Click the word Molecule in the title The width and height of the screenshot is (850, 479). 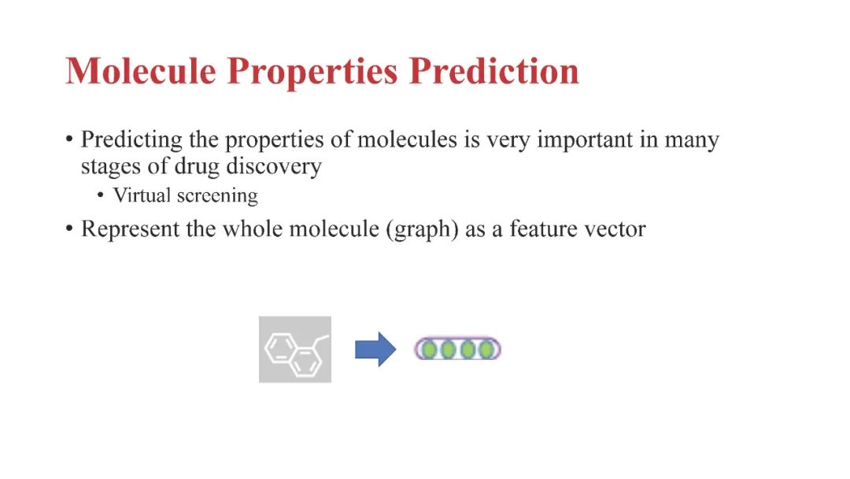tap(141, 71)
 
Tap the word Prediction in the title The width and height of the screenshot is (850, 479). tap(493, 71)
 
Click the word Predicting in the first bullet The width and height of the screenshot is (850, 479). tap(131, 141)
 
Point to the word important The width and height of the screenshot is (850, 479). tap(585, 141)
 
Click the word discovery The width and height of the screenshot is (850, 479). tap(274, 166)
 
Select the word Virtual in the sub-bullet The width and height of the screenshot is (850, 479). tap(142, 195)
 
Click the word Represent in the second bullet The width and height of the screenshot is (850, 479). tap(130, 229)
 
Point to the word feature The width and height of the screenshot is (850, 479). tap(540, 228)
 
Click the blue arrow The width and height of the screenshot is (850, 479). tap(375, 349)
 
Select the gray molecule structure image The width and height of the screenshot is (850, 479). tap(295, 349)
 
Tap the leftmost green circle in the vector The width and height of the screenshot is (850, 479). tap(429, 349)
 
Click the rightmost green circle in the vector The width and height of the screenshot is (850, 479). tap(486, 349)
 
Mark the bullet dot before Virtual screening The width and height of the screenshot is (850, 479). tap(100, 195)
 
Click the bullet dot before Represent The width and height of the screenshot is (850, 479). tap(68, 228)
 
